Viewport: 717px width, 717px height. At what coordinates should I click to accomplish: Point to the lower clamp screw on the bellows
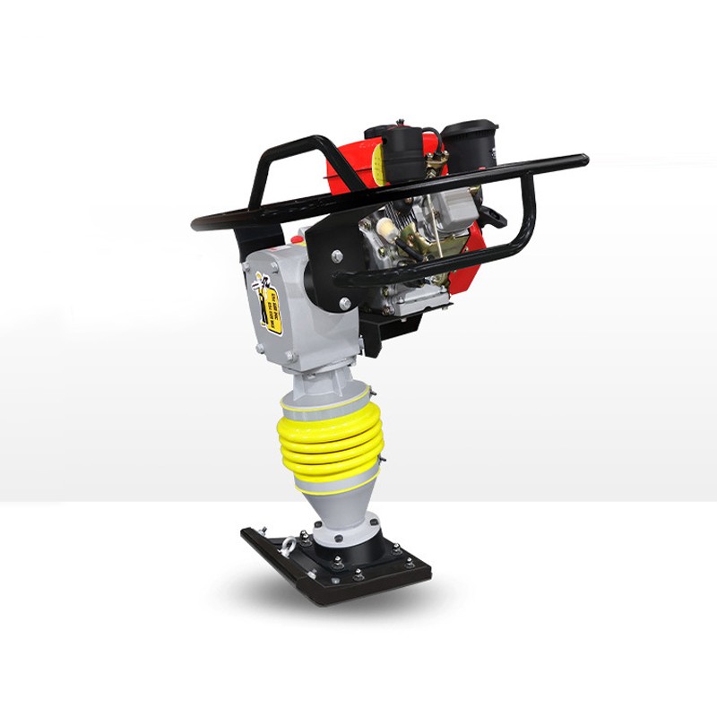(380, 461)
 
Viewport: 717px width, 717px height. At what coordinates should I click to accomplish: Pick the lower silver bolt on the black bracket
(345, 304)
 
